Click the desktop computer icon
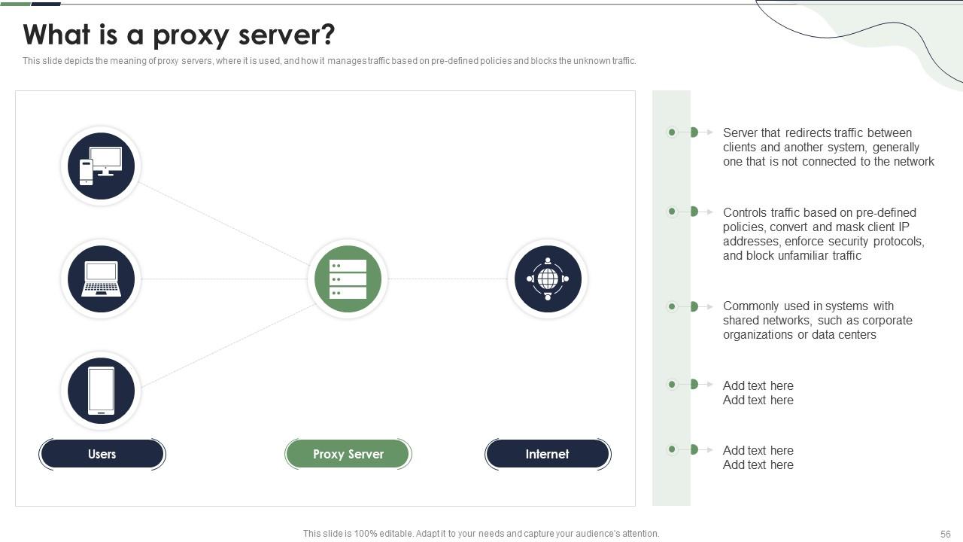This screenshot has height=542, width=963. pos(101,166)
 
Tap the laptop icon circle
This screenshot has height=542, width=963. pos(101,279)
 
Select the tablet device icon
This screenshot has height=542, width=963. pos(101,391)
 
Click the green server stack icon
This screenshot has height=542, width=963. pos(348,279)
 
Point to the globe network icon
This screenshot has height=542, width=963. pos(548,279)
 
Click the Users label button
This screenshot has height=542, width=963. pos(102,454)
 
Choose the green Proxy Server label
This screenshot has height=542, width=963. pos(348,454)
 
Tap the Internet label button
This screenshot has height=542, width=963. pos(548,454)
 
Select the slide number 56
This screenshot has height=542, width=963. pos(946,534)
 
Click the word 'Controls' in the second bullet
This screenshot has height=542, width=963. pos(746,213)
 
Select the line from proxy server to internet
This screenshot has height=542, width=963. pos(448,279)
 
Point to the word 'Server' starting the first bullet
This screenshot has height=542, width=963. pos(740,133)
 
